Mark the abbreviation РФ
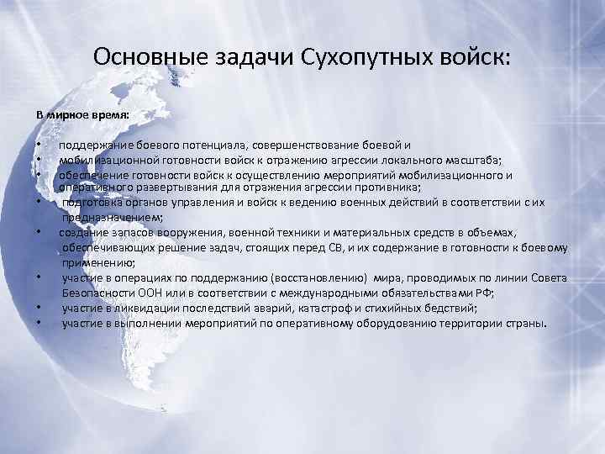pos(481,293)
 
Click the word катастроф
pos(319,309)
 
